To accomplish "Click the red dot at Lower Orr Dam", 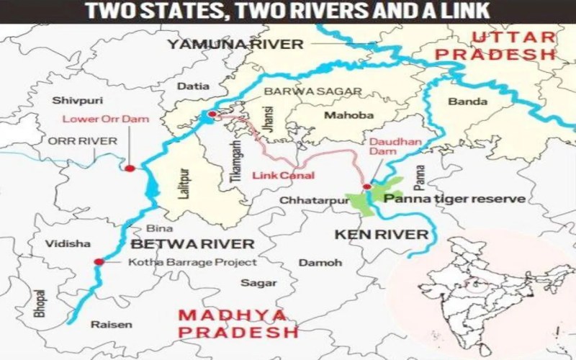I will click(x=130, y=168).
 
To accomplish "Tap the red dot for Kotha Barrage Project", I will click(x=98, y=261).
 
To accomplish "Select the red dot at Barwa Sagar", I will click(x=212, y=114).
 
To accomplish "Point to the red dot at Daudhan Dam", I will click(x=366, y=186).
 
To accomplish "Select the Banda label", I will click(x=463, y=102).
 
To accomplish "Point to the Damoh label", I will click(x=320, y=263).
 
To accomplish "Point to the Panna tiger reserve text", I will click(x=454, y=198).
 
